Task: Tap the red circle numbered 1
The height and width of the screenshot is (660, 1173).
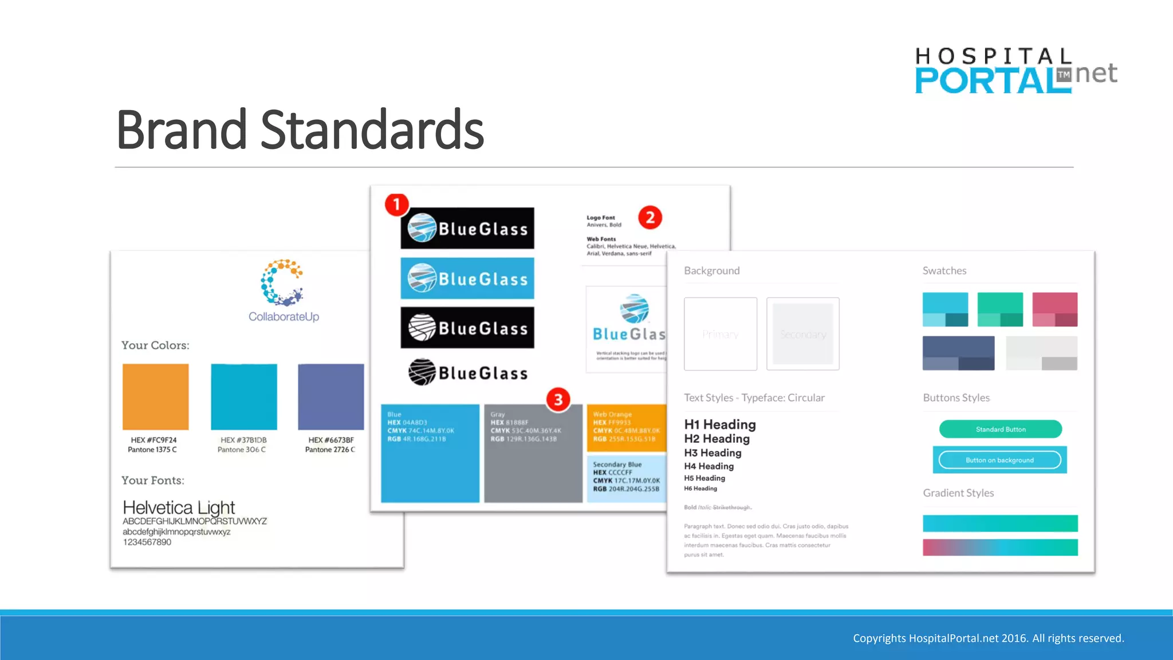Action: (396, 205)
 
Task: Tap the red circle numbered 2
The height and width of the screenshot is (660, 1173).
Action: (650, 218)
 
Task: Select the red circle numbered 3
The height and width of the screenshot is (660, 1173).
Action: (558, 399)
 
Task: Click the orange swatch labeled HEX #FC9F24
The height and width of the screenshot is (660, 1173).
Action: (156, 396)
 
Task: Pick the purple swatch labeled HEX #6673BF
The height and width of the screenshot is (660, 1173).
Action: (330, 396)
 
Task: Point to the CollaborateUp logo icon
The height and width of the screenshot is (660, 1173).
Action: (282, 282)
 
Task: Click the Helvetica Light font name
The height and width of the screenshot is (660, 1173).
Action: (179, 508)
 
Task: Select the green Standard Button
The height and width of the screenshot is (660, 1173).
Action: (1000, 429)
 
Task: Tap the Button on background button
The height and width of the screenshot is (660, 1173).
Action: (999, 460)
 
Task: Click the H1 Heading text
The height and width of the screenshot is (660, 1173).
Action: (720, 425)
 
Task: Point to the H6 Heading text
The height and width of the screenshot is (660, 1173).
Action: (700, 489)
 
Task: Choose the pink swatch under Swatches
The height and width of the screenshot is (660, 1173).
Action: (1054, 309)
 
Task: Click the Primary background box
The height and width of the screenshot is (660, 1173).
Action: (720, 334)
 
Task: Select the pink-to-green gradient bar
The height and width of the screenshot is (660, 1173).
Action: (1000, 548)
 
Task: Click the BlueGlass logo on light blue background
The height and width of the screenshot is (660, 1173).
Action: (467, 278)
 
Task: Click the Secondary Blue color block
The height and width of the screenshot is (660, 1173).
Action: (627, 478)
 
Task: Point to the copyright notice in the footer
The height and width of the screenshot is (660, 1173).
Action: (989, 638)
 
